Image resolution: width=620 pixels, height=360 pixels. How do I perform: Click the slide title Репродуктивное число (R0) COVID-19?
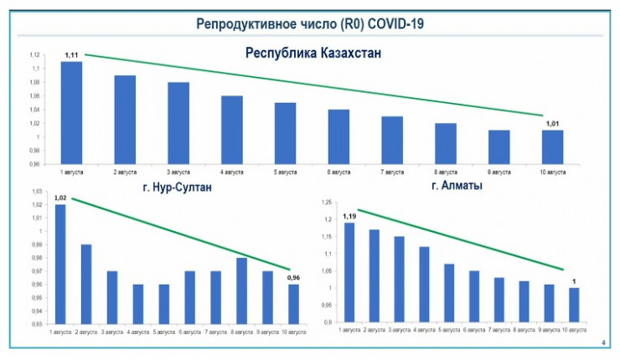pos(310,23)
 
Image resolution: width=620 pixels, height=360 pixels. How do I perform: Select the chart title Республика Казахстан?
pos(313,54)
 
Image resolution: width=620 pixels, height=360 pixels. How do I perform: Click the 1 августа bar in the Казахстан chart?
pos(71,112)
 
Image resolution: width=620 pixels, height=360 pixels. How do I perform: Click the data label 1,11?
pos(71,54)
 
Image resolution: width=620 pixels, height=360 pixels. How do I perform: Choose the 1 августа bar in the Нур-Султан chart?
pos(60,264)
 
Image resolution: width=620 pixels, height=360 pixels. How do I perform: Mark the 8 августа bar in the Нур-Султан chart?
pos(241,290)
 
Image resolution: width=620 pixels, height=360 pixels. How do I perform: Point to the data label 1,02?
pos(60,198)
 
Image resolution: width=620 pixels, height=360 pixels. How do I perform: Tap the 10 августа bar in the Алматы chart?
pos(574,305)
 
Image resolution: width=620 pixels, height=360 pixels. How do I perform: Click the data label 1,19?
pos(349,216)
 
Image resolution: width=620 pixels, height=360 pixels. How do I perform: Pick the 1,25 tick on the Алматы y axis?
pos(328,202)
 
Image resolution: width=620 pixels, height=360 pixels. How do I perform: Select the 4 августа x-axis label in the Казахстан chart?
pos(232,172)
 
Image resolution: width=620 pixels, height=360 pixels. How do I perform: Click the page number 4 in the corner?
pos(605,343)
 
